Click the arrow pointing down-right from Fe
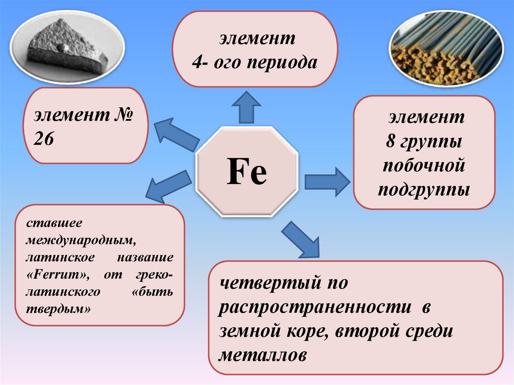[302, 239]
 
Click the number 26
[44, 139]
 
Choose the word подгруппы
[424, 190]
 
